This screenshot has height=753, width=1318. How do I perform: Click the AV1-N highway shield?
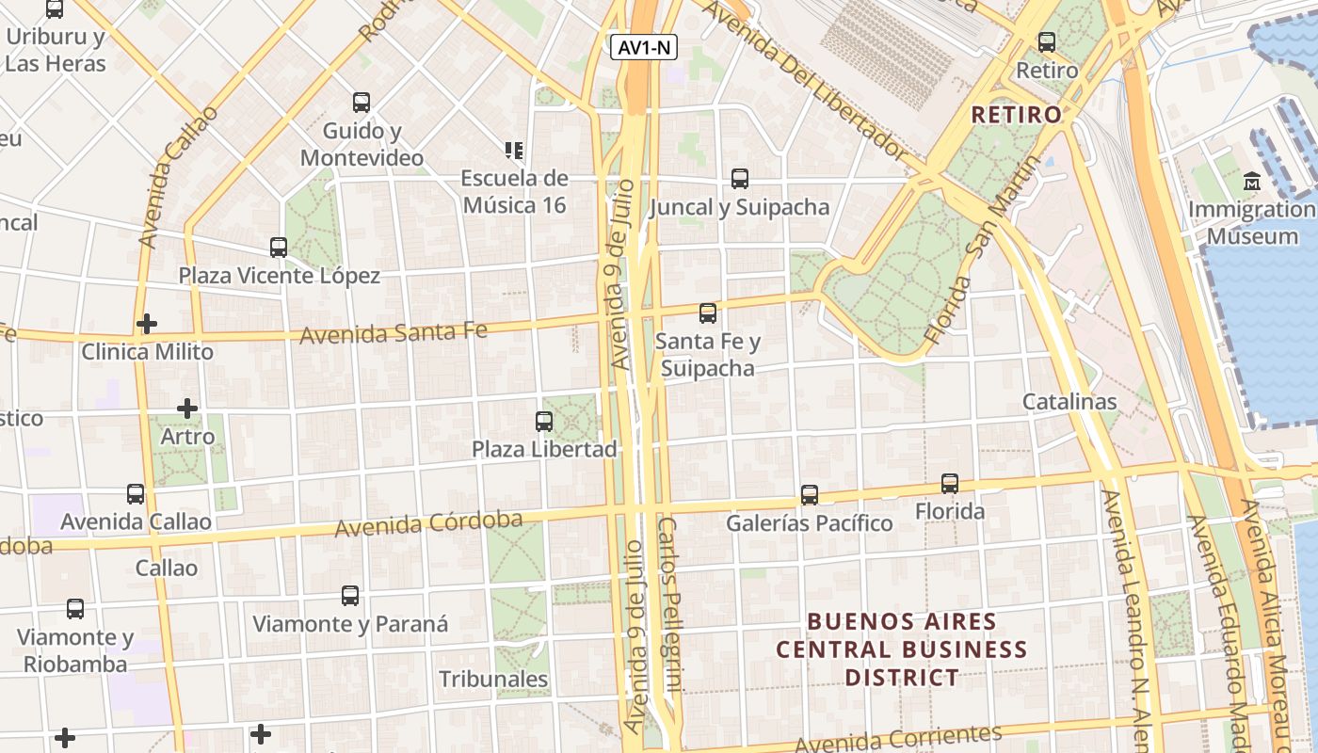coord(646,47)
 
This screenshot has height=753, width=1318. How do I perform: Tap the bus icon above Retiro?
coord(1047,42)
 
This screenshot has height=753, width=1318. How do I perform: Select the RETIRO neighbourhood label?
coord(1016,115)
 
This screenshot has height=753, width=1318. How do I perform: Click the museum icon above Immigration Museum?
coord(1252,181)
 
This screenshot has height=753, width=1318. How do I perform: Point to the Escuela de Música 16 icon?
coord(514,150)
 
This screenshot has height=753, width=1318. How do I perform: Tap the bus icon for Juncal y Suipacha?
coord(740,179)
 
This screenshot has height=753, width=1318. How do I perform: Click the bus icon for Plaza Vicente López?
coord(279,248)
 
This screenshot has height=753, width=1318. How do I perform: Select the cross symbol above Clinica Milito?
coord(147,324)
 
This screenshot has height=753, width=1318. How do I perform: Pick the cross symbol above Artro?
coord(187,409)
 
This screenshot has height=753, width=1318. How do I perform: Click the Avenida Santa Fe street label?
coord(394,332)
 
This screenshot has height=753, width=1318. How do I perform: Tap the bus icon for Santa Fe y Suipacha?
coord(708,313)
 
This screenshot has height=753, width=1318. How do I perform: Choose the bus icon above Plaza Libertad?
coord(544,421)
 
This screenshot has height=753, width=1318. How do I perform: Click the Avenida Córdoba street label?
coord(428,524)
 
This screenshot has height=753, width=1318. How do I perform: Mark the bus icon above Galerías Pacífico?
coord(810,494)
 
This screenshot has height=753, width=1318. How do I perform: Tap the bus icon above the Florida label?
coord(950,484)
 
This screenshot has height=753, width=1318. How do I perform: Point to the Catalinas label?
coord(1069,402)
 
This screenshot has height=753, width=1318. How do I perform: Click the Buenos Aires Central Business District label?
coord(902,649)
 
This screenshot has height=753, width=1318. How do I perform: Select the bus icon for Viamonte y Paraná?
coord(350,596)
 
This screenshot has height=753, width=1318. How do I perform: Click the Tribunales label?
coord(493,679)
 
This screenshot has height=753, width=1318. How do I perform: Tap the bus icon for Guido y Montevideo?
coord(362,103)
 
